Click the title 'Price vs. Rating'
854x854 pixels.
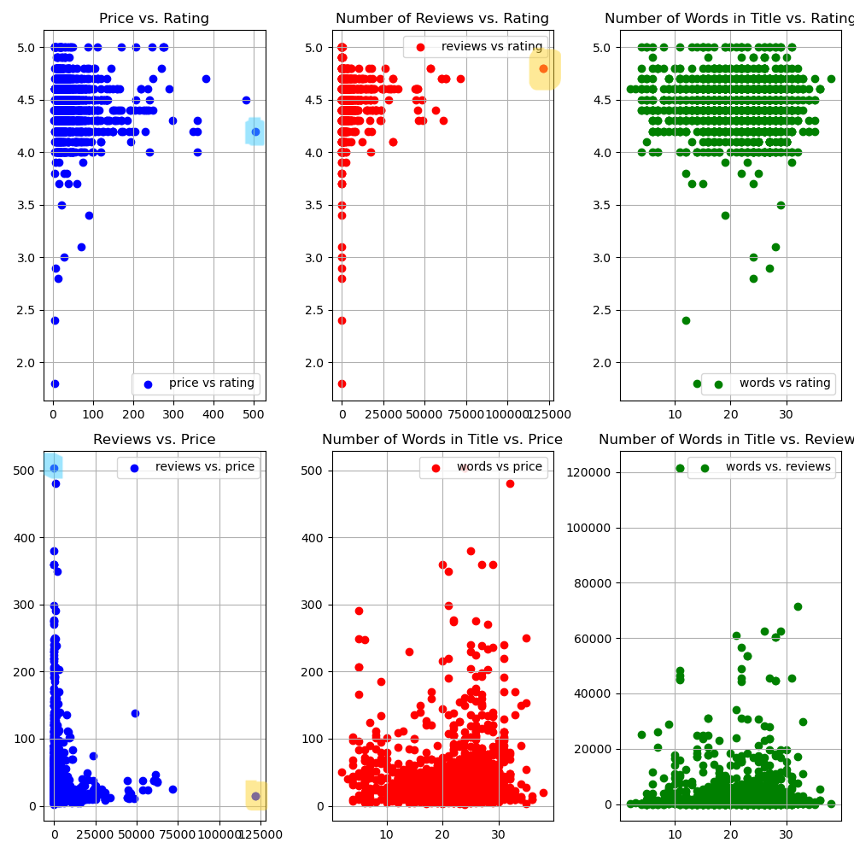(x=154, y=19)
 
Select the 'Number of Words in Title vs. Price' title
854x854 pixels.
(x=442, y=440)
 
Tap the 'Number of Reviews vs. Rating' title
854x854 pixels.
(x=442, y=19)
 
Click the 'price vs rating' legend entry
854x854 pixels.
(x=211, y=383)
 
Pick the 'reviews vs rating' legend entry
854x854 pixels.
(x=491, y=47)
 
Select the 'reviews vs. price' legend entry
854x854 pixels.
(x=204, y=467)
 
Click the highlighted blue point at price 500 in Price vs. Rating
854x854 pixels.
(x=255, y=132)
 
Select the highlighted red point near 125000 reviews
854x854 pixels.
(x=543, y=68)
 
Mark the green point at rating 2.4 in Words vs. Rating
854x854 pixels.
(x=686, y=320)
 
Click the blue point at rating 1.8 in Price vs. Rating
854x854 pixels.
(x=55, y=383)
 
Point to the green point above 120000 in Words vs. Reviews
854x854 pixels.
(x=680, y=468)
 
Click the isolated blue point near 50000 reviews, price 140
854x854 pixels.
(x=135, y=713)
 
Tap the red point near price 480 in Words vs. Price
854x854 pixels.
(x=510, y=483)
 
